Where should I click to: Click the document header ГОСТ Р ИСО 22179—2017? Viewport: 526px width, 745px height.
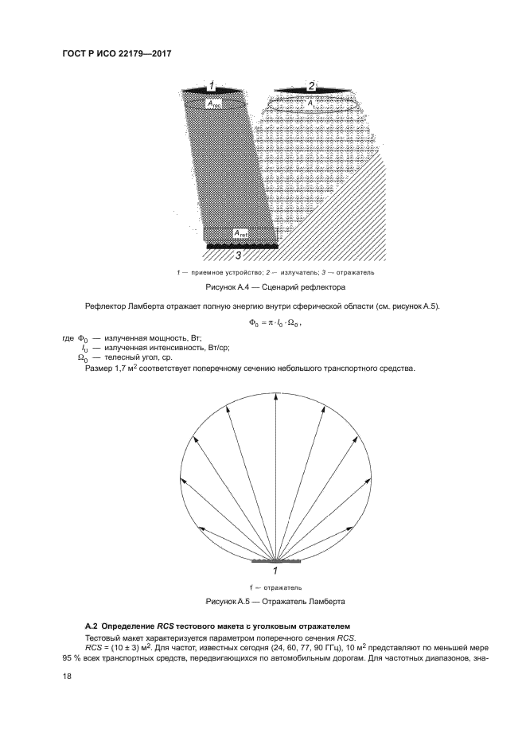pyautogui.click(x=116, y=54)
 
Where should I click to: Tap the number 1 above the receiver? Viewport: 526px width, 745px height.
pyautogui.click(x=212, y=86)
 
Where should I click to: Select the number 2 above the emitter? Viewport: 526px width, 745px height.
pyautogui.click(x=311, y=86)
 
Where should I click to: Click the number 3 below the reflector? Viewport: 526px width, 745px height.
pyautogui.click(x=238, y=255)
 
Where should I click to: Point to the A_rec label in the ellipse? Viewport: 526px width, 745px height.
pyautogui.click(x=214, y=103)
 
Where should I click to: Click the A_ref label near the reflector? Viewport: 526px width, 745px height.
pyautogui.click(x=240, y=233)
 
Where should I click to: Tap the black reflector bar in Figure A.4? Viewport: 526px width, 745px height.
pyautogui.click(x=242, y=246)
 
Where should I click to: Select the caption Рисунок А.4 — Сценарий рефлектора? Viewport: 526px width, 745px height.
pyautogui.click(x=275, y=287)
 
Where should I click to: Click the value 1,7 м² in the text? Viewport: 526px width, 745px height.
pyautogui.click(x=124, y=369)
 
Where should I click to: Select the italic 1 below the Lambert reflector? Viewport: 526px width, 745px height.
pyautogui.click(x=275, y=570)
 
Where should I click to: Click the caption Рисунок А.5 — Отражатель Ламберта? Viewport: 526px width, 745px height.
pyautogui.click(x=275, y=602)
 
